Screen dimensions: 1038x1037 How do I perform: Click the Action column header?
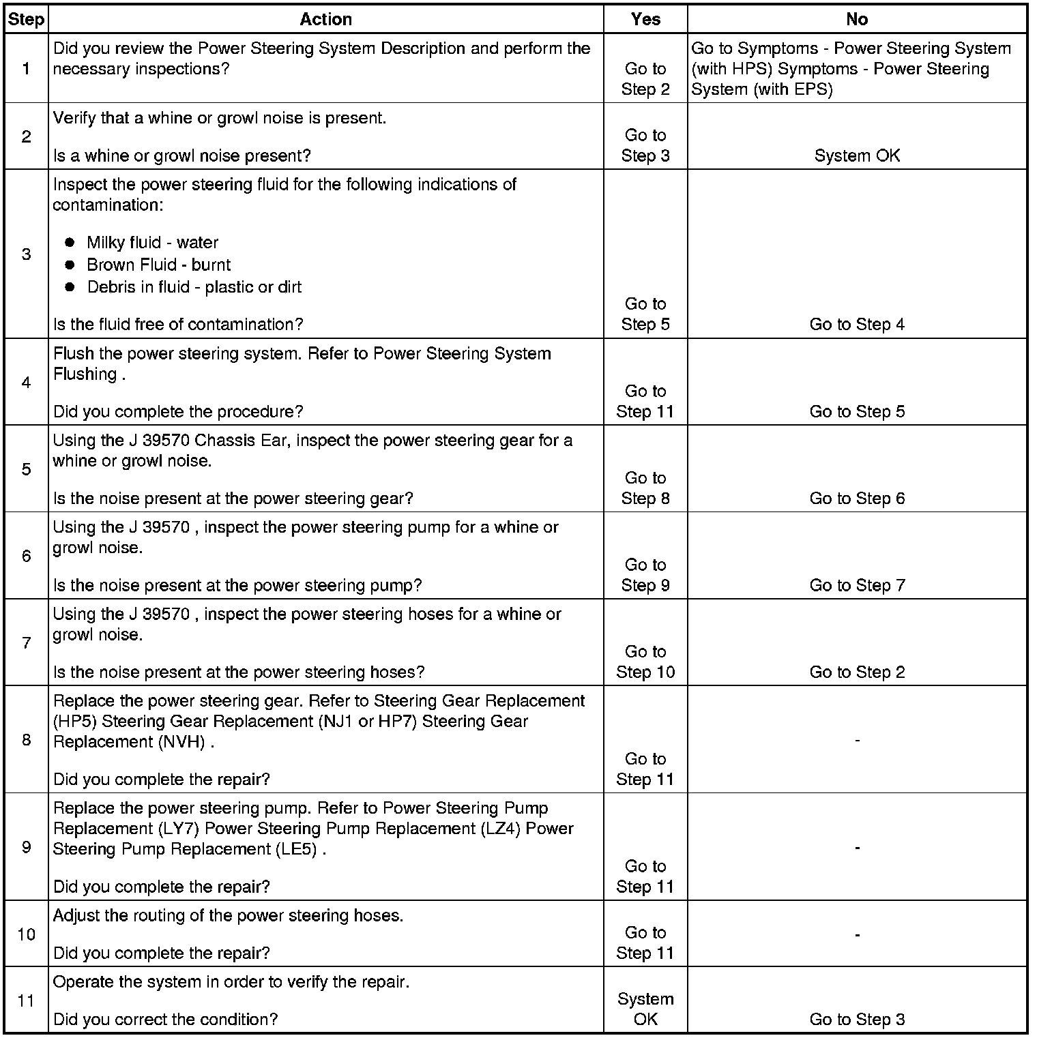coord(325,19)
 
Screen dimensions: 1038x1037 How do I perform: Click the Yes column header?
coord(645,19)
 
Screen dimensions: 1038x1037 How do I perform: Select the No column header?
coord(856,19)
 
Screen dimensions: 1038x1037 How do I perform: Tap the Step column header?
coord(26,19)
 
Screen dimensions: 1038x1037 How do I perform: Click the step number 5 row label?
coord(26,469)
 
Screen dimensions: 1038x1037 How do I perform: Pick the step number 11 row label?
coord(26,1000)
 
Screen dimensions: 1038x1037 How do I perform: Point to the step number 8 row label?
coord(26,739)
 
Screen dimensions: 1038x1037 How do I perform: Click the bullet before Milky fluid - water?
coord(70,243)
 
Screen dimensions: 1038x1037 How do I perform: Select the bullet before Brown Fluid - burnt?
coord(70,265)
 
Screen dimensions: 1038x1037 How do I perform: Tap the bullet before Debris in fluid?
coord(70,287)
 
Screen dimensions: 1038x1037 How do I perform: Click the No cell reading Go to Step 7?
coord(857,585)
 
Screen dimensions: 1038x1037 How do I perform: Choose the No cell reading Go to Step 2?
coord(857,672)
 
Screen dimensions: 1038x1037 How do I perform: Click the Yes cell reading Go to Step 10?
coord(645,662)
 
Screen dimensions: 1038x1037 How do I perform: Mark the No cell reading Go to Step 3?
coord(857,1020)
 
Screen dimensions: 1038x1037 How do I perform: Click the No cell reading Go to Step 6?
coord(857,499)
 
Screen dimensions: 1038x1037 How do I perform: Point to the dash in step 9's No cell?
coord(857,848)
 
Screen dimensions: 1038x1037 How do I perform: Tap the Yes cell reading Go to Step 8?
coord(645,488)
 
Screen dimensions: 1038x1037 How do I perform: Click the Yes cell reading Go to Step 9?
coord(645,575)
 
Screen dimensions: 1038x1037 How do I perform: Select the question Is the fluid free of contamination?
coord(178,325)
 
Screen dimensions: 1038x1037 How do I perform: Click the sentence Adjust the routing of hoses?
coord(228,915)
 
